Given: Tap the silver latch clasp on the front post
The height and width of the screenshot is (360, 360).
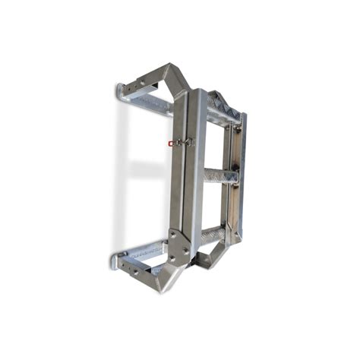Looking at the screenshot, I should click(x=185, y=142).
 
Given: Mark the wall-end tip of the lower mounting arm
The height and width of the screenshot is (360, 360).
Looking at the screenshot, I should click(x=116, y=263).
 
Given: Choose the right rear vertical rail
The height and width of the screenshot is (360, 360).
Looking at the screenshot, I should click(x=238, y=175).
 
